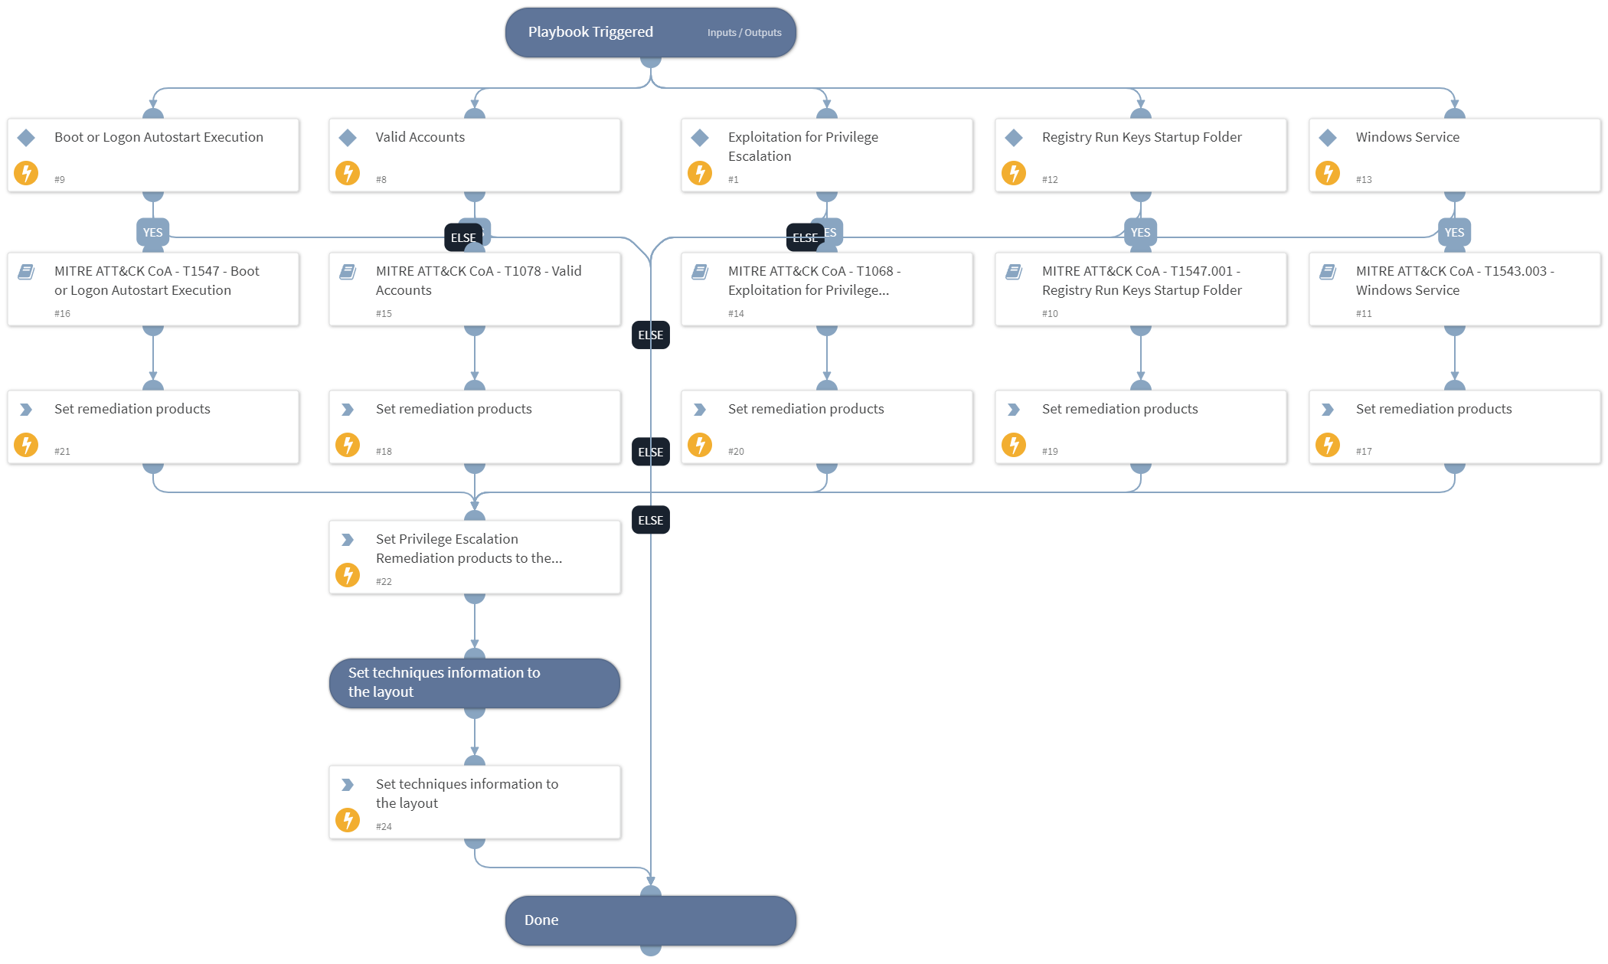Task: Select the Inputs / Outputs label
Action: point(744,33)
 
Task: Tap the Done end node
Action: point(649,920)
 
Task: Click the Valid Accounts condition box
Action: point(474,155)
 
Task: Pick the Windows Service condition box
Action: point(1453,155)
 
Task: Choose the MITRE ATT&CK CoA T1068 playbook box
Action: point(826,289)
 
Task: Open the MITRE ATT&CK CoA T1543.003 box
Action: point(1453,289)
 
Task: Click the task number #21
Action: point(62,451)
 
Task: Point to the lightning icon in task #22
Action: point(348,574)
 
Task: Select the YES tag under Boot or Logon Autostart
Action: point(152,232)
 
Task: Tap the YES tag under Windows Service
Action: point(1453,232)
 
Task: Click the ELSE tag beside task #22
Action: point(650,520)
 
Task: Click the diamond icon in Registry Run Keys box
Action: point(1014,138)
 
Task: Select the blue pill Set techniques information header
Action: point(474,682)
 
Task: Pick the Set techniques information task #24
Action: point(474,802)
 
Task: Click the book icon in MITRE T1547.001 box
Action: point(1014,272)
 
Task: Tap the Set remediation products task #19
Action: point(1140,426)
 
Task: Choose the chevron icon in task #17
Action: point(1327,410)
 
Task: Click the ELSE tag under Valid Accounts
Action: point(462,237)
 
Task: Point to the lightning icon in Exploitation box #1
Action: point(699,173)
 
